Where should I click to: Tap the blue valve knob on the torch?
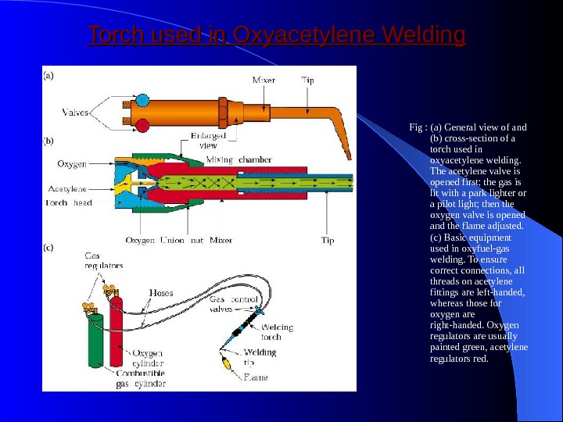(143, 100)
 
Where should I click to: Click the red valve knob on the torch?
(143, 125)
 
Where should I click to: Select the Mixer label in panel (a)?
(264, 80)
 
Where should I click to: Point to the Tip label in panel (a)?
(309, 80)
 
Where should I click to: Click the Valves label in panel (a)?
(76, 113)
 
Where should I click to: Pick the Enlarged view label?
(209, 140)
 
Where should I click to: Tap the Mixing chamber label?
(239, 159)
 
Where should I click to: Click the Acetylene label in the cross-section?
(68, 188)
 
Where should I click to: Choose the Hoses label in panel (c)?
(160, 293)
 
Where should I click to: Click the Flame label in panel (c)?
(255, 377)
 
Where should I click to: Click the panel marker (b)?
(48, 141)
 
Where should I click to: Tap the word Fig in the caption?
(414, 127)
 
